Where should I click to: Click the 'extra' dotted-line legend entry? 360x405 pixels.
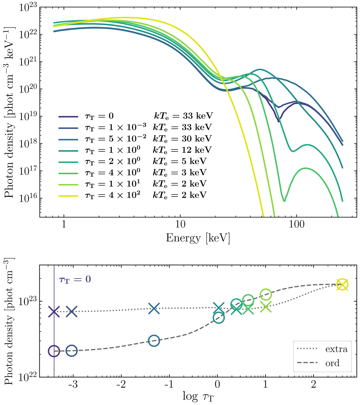[322, 349]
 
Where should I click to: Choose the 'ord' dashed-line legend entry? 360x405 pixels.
[322, 363]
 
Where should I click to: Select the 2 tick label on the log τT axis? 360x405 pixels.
[313, 385]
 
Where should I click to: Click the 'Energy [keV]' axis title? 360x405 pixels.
[198, 238]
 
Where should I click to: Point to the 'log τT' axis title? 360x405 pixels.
[198, 397]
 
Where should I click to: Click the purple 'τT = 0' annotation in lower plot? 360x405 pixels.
[75, 279]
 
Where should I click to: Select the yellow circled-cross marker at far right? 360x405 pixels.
[342, 284]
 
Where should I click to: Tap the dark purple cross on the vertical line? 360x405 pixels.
[54, 312]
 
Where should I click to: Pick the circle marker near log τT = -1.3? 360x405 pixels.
[154, 340]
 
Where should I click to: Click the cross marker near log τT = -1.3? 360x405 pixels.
[154, 309]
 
